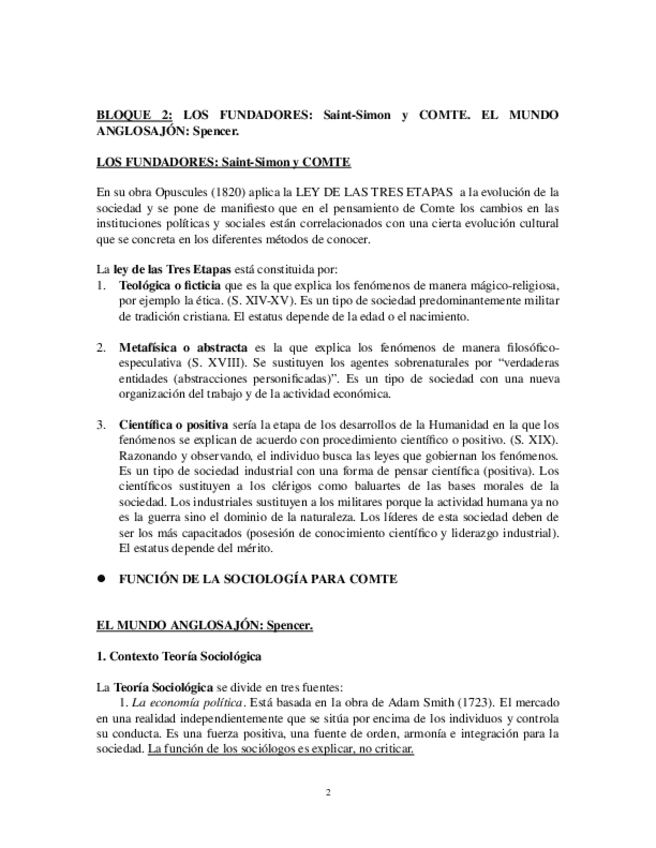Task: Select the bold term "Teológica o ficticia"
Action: tap(167, 285)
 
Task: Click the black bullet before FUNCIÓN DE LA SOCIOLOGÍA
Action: tap(101, 579)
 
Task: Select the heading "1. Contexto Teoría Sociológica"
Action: tap(179, 657)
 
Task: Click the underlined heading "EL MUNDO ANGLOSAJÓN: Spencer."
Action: tap(204, 625)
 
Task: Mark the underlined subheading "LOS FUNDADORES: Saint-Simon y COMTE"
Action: tap(222, 162)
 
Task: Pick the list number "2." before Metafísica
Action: tap(101, 346)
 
